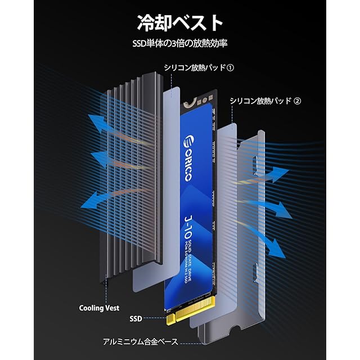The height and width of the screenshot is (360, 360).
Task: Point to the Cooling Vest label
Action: click(x=99, y=308)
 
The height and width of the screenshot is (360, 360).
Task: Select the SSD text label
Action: click(x=136, y=318)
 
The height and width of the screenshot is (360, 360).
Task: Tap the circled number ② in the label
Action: click(x=298, y=101)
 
